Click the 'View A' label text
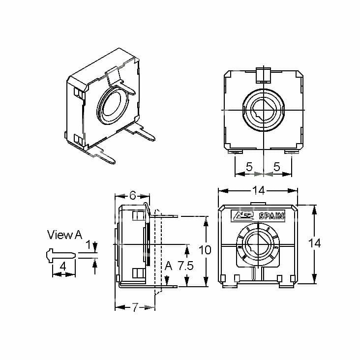pos(64,235)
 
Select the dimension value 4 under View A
pos(63,266)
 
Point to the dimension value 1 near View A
pos(89,244)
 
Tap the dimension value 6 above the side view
pos(132,194)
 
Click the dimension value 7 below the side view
pos(135,307)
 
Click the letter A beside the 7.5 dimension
pos(168,266)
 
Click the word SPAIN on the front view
pos(271,215)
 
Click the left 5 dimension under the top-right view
pos(249,167)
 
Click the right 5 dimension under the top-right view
pos(277,167)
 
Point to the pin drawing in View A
pos(60,254)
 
